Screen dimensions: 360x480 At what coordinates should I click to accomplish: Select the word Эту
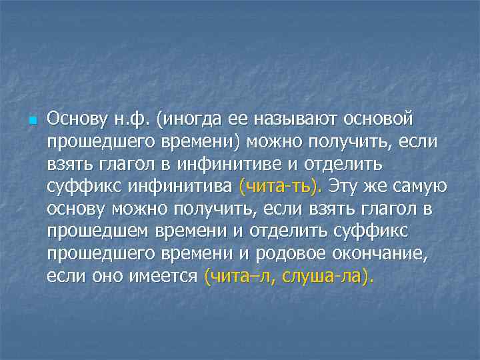343,185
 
